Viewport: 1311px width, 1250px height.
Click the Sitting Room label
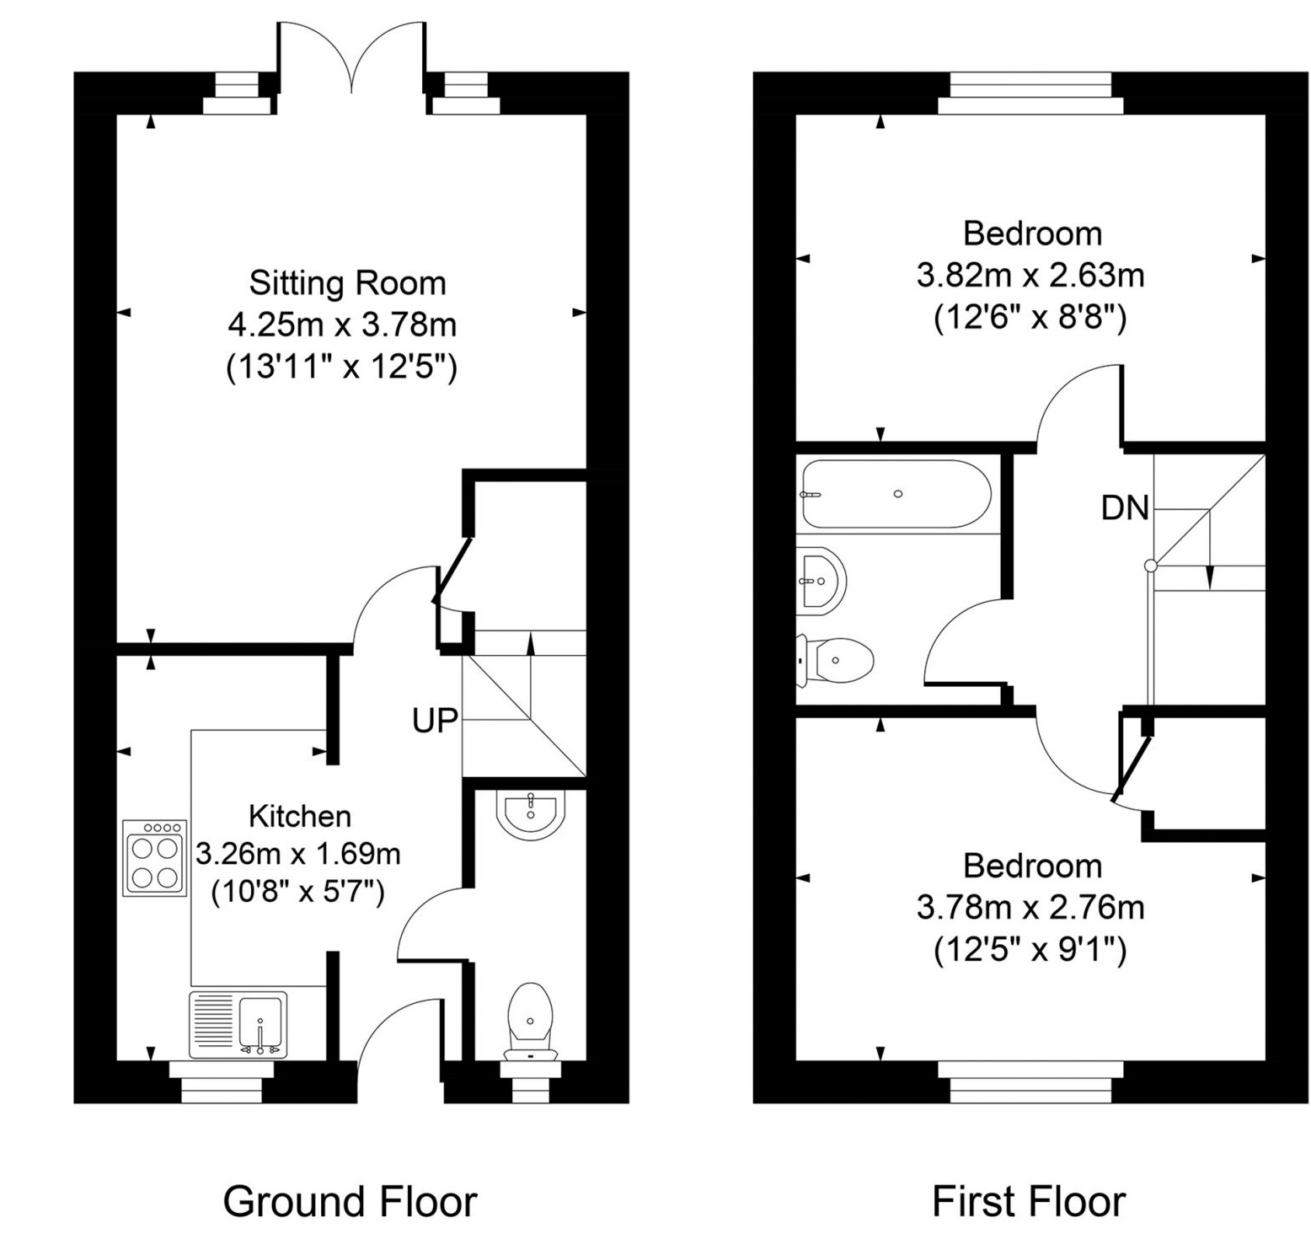tap(347, 283)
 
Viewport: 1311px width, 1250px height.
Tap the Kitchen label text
tap(300, 816)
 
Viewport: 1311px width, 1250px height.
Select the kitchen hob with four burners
tap(154, 858)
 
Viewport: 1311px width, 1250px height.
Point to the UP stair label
tap(435, 720)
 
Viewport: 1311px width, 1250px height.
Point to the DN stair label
tap(1125, 507)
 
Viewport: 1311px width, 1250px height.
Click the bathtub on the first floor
tap(896, 494)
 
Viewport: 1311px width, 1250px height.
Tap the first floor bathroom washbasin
tap(820, 578)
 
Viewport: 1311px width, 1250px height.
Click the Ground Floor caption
tap(350, 1201)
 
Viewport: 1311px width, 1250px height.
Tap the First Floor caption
tap(1028, 1201)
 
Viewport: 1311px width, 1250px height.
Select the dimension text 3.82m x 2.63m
tap(1030, 276)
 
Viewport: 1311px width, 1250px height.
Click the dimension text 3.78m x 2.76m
tap(1030, 908)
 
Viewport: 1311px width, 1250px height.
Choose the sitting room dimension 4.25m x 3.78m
tap(342, 325)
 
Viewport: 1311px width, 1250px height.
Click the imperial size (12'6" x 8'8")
tap(1030, 318)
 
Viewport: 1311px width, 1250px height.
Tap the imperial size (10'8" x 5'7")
tap(298, 891)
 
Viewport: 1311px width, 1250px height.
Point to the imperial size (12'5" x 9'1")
tap(1030, 950)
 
